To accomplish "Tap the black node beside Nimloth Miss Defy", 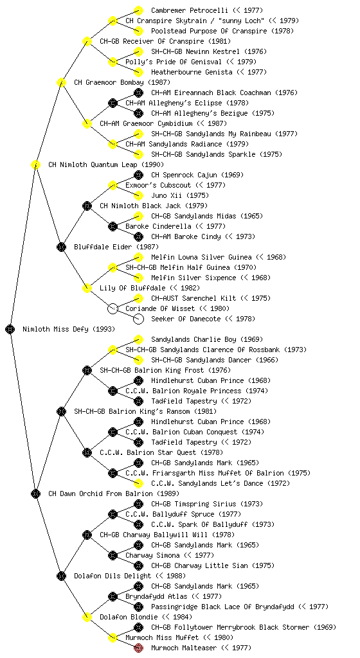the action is [10, 329].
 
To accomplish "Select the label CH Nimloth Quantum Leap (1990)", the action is [106, 164].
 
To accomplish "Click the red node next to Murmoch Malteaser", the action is [138, 648].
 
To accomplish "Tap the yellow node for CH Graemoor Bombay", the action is [61, 82].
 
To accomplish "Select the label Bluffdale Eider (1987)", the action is [116, 247].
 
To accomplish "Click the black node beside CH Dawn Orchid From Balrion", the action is [35, 493].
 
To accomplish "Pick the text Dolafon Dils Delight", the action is [113, 576].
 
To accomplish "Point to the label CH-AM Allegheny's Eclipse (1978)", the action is [187, 103].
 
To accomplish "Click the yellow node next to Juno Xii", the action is [138, 195].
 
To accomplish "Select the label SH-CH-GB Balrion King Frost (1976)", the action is [165, 370].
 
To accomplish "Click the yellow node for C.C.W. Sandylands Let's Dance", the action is [138, 483].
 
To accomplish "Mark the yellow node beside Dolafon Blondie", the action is [87, 617].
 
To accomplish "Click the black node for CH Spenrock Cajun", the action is [138, 175].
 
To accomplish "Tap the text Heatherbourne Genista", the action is [192, 72].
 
